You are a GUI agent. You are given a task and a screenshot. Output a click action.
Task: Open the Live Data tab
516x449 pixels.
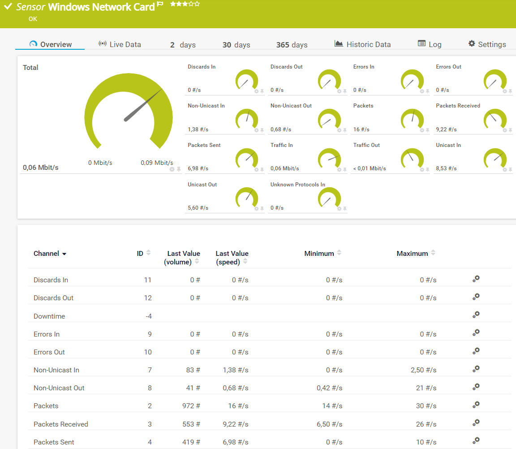(120, 44)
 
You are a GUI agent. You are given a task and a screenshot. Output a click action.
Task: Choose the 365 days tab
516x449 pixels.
(292, 45)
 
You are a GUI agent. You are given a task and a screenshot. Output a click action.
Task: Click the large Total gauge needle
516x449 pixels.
(143, 105)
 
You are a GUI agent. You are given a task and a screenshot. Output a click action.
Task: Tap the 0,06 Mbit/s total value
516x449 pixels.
(41, 168)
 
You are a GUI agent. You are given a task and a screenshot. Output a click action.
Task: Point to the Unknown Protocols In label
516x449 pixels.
(298, 185)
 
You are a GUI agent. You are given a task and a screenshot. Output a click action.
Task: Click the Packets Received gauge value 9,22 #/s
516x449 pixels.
(446, 130)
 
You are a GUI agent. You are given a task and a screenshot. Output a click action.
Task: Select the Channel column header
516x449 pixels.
(47, 254)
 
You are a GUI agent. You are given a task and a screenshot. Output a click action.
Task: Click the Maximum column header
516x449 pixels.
(412, 254)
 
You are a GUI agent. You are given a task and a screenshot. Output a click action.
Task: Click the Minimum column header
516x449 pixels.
(319, 254)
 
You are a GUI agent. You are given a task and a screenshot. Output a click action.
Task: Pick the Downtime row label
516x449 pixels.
(49, 316)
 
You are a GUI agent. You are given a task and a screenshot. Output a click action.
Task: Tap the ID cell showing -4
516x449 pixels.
(148, 316)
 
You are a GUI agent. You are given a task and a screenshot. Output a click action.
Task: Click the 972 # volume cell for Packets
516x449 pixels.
(191, 406)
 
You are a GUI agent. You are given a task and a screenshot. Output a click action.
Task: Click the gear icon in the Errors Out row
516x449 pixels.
(476, 350)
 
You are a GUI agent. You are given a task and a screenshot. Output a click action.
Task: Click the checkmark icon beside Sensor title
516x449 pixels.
(8, 7)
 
